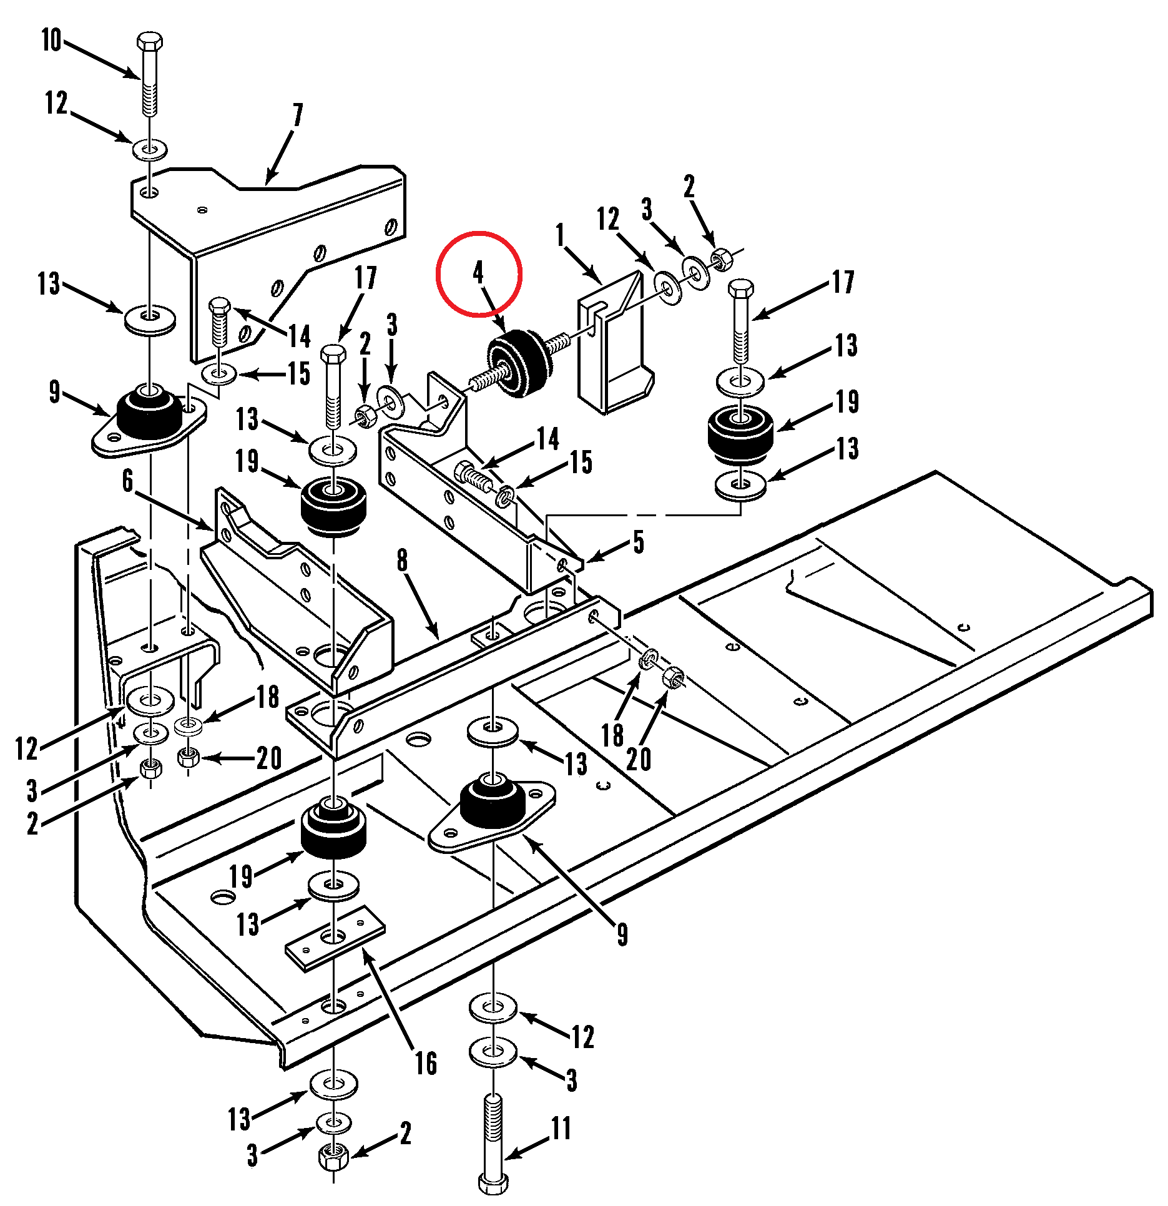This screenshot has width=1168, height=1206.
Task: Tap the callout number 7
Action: [298, 115]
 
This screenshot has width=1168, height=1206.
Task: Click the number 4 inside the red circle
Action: [478, 272]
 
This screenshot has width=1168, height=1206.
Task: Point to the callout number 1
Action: [560, 235]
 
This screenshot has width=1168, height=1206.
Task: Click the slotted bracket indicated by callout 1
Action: [615, 342]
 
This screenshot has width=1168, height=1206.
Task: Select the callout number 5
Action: [639, 542]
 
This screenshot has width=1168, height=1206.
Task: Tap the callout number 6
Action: [128, 480]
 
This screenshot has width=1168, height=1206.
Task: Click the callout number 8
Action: [403, 560]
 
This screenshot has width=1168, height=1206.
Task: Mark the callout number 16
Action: [426, 1063]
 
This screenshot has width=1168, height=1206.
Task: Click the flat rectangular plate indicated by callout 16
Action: [335, 938]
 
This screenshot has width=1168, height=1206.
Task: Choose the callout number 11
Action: [561, 1128]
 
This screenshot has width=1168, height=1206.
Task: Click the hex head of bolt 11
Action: [493, 1182]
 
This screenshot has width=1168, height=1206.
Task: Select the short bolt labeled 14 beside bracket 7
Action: [220, 322]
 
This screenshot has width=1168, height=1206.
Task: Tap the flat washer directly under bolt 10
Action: [150, 150]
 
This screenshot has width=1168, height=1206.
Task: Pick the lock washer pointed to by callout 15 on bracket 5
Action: [505, 498]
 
